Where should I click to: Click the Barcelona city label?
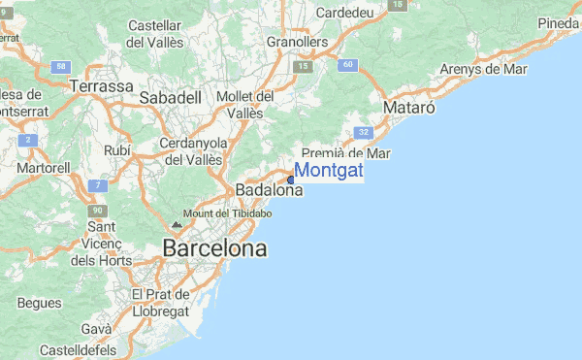click(x=214, y=249)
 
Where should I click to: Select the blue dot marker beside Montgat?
click(x=291, y=180)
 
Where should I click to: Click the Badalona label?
click(x=269, y=190)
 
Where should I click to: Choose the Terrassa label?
click(x=101, y=86)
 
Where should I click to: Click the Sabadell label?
click(x=170, y=98)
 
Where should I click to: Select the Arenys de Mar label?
click(x=483, y=69)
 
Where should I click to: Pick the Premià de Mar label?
click(x=345, y=153)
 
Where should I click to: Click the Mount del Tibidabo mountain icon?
click(x=176, y=223)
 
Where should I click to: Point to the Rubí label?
click(x=116, y=150)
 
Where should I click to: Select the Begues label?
click(x=39, y=303)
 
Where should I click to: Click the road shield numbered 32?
click(x=363, y=131)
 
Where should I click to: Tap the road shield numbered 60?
click(x=348, y=65)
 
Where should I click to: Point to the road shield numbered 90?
click(x=96, y=210)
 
